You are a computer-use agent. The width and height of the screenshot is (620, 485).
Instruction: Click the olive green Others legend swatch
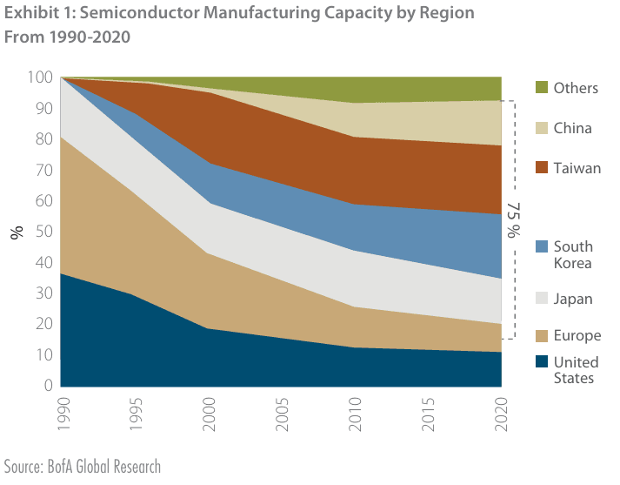(541, 88)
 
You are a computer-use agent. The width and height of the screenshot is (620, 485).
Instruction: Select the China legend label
(572, 128)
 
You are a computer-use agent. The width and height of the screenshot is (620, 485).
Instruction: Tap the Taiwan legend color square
(541, 167)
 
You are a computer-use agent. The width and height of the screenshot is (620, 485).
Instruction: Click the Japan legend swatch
(541, 299)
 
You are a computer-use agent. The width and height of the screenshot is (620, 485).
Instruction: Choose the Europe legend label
(577, 336)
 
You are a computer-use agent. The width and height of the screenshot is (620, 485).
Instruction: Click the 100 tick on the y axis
(40, 78)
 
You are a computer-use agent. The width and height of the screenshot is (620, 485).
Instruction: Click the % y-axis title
(16, 232)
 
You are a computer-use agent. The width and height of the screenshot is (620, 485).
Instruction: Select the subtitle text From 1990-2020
(66, 38)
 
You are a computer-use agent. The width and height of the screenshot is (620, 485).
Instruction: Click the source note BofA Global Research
(83, 467)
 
